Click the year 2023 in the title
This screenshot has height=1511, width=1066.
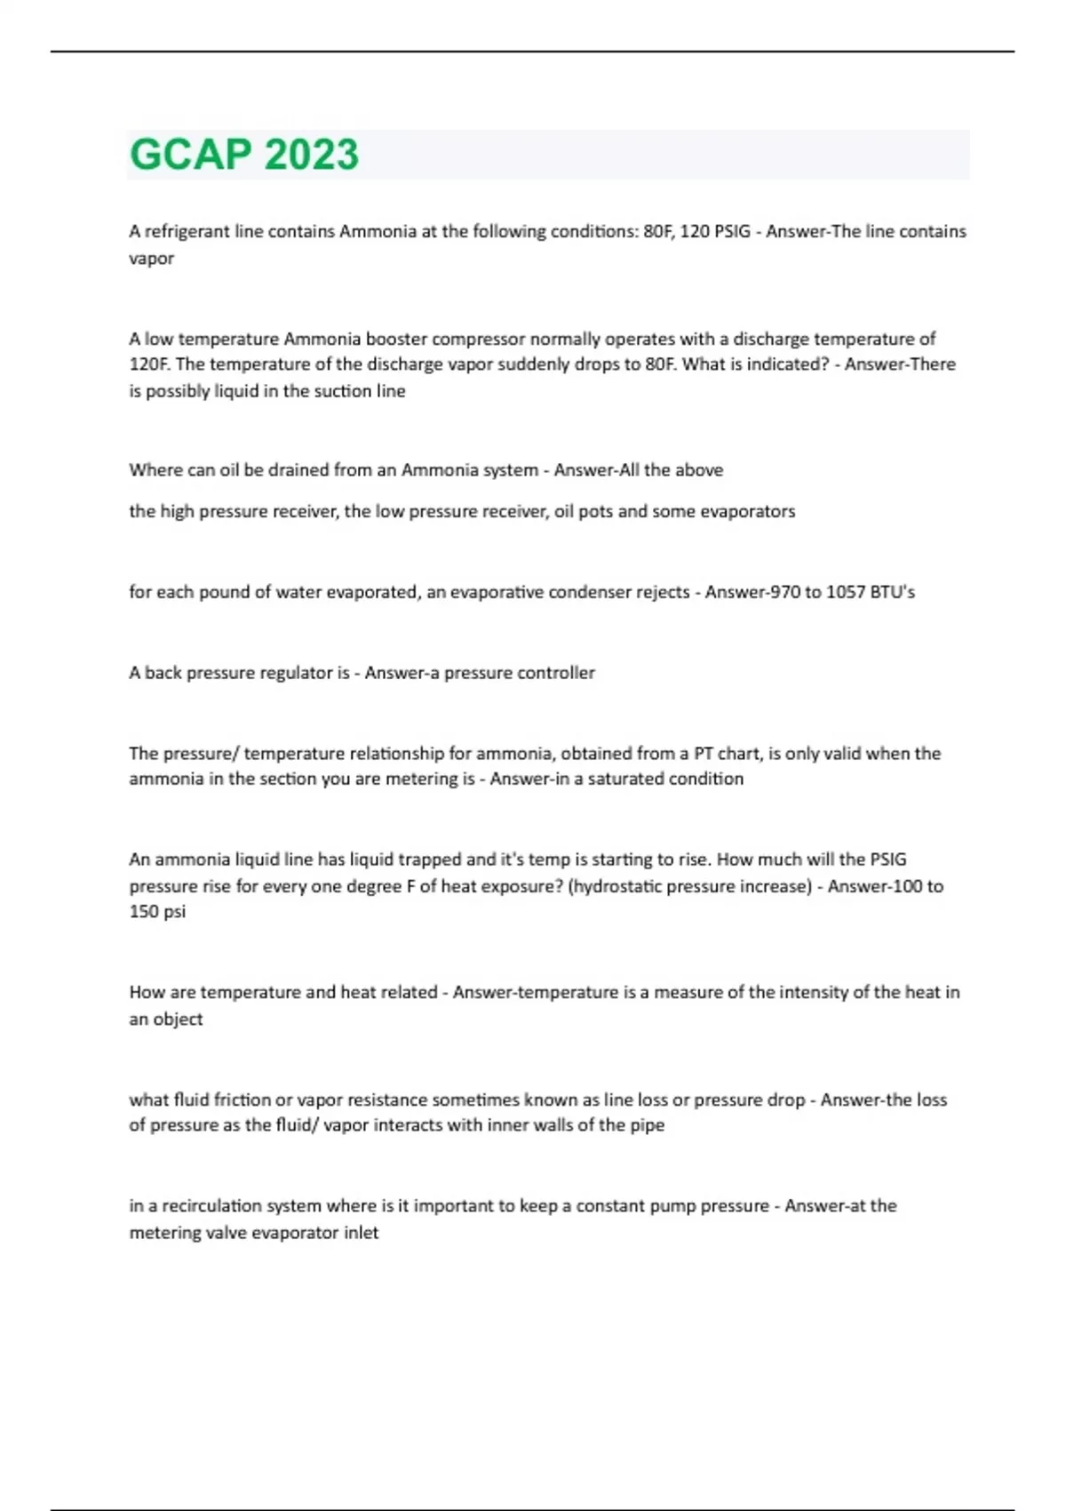coord(311,155)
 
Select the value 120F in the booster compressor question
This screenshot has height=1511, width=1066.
coord(148,364)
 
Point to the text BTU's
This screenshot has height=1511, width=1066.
coord(895,592)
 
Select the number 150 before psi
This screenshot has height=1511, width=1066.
coord(143,912)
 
